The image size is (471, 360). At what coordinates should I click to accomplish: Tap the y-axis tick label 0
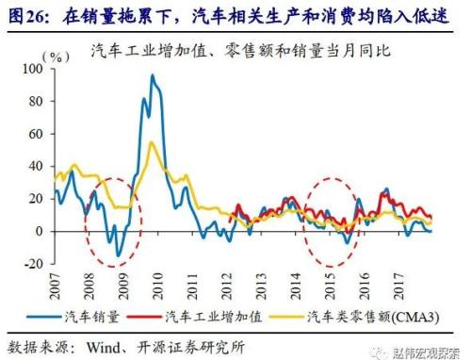[x=41, y=231]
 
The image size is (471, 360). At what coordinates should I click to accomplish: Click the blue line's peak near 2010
[x=153, y=75]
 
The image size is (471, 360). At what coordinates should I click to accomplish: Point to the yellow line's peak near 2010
[x=153, y=142]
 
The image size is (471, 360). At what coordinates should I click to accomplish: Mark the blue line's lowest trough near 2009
[x=118, y=255]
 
